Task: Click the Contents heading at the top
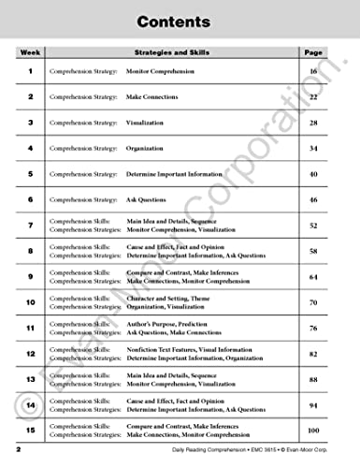tap(180, 21)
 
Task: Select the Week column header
tap(30, 53)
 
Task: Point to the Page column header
tap(313, 53)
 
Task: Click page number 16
tap(313, 71)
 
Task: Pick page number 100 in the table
tap(313, 430)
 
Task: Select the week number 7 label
tap(30, 225)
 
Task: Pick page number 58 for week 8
tap(313, 251)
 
